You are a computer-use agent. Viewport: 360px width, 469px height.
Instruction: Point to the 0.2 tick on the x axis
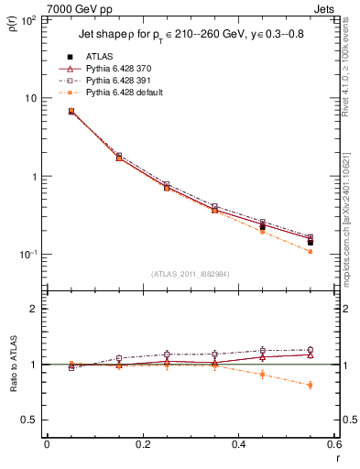click(x=142, y=446)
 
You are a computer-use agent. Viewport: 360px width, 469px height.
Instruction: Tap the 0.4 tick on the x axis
click(x=238, y=446)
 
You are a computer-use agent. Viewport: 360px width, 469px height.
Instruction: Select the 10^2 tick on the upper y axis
click(x=30, y=19)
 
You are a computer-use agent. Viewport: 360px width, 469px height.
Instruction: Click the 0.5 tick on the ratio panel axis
click(x=32, y=420)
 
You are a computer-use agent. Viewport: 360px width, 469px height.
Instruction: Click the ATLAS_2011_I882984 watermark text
click(x=190, y=274)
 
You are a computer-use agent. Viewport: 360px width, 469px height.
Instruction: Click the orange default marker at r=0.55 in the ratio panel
click(x=311, y=385)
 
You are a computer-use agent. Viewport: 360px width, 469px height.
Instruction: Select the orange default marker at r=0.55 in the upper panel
click(x=311, y=251)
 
